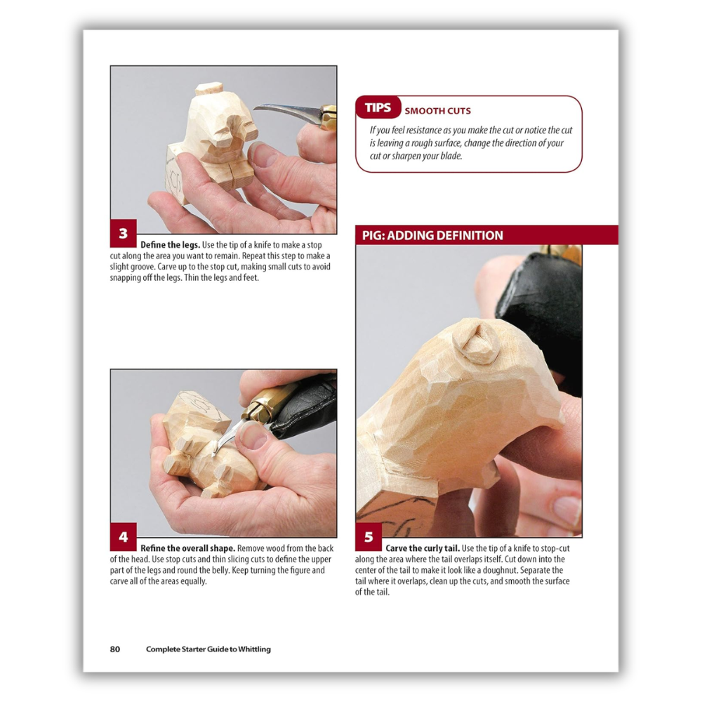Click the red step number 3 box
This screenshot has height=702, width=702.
[x=123, y=233]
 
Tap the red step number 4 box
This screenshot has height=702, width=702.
[x=123, y=537]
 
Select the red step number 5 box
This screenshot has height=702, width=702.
[x=369, y=537]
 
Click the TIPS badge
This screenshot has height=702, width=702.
[x=378, y=107]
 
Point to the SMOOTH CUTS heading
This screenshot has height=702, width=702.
[x=437, y=111]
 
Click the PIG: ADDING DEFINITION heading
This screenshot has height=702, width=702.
[x=432, y=235]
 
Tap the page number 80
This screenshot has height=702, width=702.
[x=115, y=649]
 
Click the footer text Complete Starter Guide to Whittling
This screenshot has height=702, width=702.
[x=208, y=649]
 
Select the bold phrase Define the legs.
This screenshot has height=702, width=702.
[x=170, y=245]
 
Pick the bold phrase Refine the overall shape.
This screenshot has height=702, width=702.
[x=187, y=548]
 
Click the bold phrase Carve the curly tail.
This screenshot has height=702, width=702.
[x=423, y=548]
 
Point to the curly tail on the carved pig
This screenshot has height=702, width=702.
[x=476, y=343]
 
